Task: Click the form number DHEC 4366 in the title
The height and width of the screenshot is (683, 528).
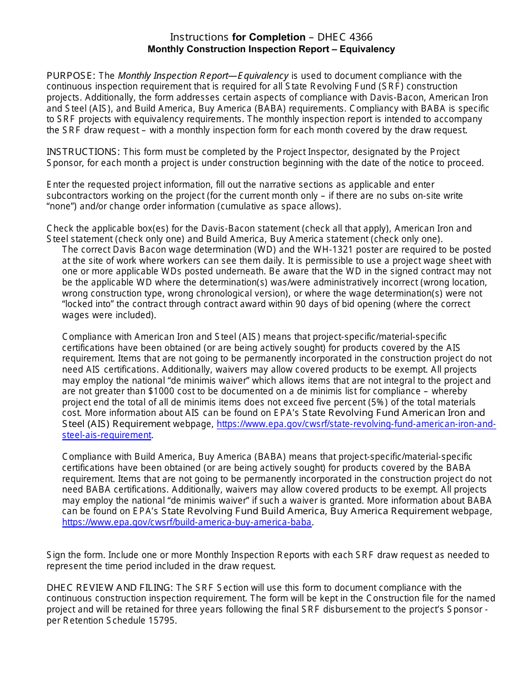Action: pyautogui.click(x=345, y=37)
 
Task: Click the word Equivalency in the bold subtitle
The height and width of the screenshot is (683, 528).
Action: pyautogui.click(x=367, y=49)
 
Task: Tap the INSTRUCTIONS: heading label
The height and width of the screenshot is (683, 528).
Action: pyautogui.click(x=83, y=152)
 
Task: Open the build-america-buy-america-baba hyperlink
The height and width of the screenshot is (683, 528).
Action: pyautogui.click(x=187, y=522)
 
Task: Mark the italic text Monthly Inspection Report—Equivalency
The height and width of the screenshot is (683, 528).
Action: pyautogui.click(x=203, y=76)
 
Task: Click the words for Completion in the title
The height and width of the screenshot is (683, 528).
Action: pyautogui.click(x=268, y=37)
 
